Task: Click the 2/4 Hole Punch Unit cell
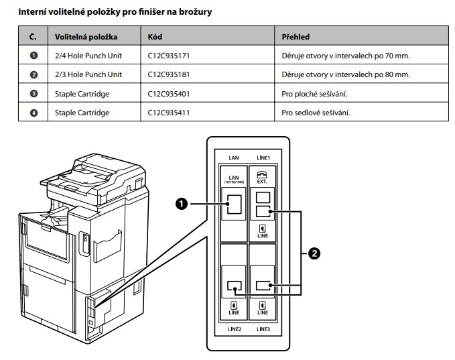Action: tap(88, 55)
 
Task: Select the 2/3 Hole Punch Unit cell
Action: tap(88, 74)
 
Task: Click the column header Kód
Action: tap(155, 36)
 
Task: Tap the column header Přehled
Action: tap(296, 36)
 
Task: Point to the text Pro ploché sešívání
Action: tap(314, 93)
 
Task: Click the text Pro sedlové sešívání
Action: tap(316, 112)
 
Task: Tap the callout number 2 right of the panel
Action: tap(312, 253)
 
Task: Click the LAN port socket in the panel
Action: tap(233, 204)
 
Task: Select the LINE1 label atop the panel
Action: tap(263, 158)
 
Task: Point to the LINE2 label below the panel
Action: tap(234, 329)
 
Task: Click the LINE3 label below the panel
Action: tap(263, 329)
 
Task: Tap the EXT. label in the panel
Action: tap(263, 181)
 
